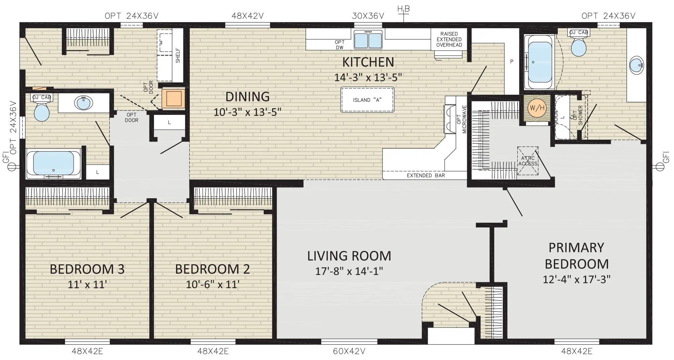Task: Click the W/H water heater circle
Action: coord(536,108)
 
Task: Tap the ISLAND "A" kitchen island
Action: coord(367,100)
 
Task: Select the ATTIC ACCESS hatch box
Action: coord(528,161)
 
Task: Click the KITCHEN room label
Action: coord(368,62)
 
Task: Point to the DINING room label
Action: coord(247,97)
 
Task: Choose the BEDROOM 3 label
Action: coord(87,269)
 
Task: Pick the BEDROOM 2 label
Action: coord(213,269)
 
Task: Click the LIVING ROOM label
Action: coord(349,256)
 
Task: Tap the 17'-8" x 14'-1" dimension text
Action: coord(349,271)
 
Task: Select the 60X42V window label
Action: coord(349,351)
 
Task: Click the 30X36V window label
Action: coord(368,16)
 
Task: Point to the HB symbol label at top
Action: coord(403,9)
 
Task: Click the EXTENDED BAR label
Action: coord(426,175)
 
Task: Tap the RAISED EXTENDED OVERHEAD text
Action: coord(449,40)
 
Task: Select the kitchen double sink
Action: coord(368,40)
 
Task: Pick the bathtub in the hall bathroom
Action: coord(54,164)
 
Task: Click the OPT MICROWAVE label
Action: coord(461,119)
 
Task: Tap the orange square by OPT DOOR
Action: coord(173,99)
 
